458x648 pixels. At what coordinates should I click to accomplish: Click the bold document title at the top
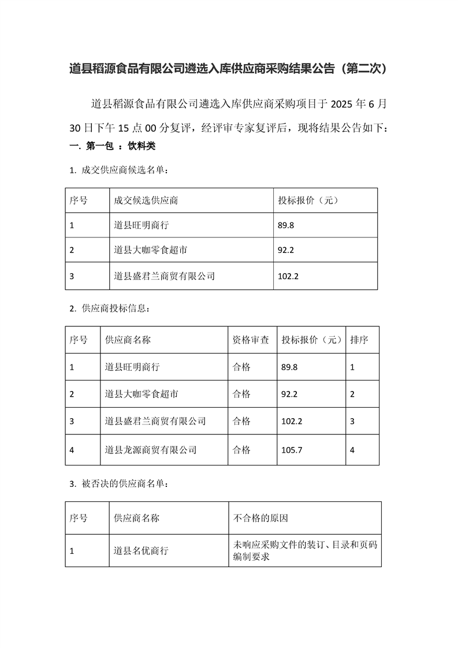229,69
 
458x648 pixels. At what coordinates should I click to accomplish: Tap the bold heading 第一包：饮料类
112,147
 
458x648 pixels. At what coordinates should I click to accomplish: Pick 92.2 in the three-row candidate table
286,251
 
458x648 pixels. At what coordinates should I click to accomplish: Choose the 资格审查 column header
251,340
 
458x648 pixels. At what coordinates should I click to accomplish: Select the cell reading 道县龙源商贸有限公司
151,449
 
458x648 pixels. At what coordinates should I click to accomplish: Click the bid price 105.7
291,449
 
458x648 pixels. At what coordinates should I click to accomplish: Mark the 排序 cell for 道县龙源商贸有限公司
352,449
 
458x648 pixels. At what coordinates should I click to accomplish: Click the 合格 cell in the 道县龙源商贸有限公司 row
241,449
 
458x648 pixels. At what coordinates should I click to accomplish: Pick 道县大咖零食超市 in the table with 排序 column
142,394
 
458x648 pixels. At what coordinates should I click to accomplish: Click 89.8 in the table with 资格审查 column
289,367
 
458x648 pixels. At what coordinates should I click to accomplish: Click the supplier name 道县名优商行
141,551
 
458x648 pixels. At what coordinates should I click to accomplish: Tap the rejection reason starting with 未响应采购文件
305,551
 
